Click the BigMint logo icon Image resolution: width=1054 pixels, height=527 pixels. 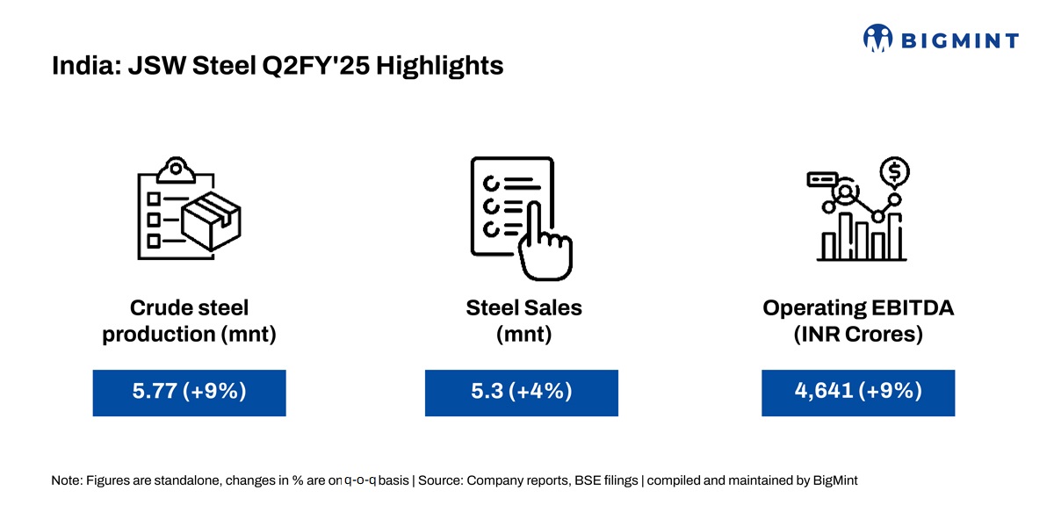[x=877, y=38]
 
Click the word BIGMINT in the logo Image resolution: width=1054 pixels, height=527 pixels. [x=960, y=41]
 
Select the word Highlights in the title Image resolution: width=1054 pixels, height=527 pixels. [x=439, y=66]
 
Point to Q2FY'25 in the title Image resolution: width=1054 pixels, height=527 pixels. [x=316, y=65]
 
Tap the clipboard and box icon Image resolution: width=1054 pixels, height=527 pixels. [x=189, y=208]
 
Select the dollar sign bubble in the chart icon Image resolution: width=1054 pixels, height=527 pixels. [x=894, y=172]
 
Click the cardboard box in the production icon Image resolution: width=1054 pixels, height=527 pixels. [x=212, y=221]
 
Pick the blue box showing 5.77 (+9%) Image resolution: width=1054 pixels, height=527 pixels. [x=189, y=393]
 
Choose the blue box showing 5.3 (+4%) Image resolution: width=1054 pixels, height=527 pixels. [x=522, y=393]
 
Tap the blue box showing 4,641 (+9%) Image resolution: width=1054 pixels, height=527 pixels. [x=858, y=393]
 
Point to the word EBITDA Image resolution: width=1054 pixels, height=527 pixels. [x=913, y=308]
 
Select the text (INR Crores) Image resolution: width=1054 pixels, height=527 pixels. [x=858, y=335]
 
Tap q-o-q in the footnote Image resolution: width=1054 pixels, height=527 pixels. [x=360, y=480]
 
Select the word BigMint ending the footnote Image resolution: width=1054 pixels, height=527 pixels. [x=835, y=481]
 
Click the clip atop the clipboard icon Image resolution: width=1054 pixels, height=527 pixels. [x=176, y=170]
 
